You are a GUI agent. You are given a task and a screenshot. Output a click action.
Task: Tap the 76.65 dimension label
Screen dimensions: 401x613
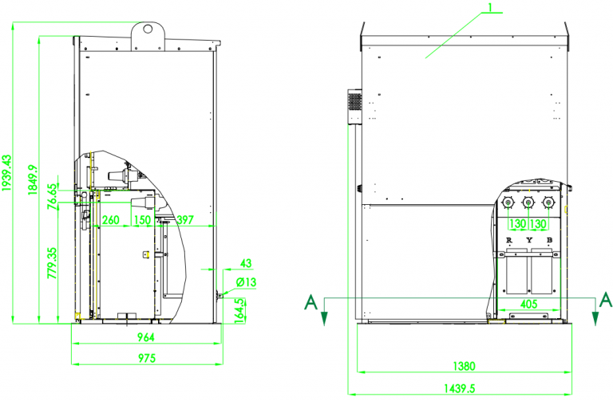tap(52, 195)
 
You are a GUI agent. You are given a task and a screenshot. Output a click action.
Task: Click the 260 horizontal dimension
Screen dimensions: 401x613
tap(111, 220)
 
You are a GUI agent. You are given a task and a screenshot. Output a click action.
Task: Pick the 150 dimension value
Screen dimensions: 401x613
tap(142, 220)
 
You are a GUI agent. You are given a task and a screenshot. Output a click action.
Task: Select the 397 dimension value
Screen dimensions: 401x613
tap(184, 220)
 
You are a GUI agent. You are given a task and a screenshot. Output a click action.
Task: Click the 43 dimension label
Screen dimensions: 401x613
tap(246, 263)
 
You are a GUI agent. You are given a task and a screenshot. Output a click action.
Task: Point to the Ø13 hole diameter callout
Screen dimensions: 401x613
tap(245, 282)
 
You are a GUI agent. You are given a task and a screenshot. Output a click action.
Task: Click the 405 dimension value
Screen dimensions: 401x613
tap(528, 303)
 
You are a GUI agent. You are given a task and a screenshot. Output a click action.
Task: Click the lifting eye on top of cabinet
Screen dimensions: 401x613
tap(148, 28)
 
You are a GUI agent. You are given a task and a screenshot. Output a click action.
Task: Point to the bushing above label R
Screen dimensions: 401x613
tap(508, 205)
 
